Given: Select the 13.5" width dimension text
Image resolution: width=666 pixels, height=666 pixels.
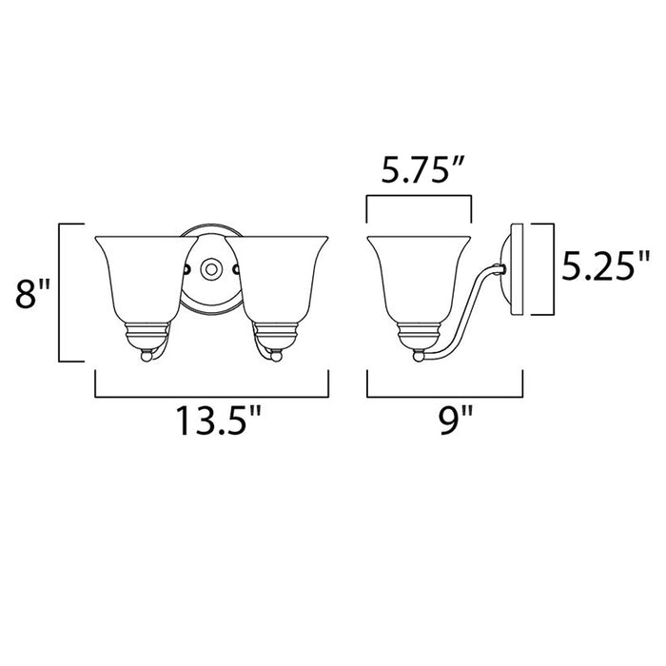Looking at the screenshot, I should pyautogui.click(x=213, y=421).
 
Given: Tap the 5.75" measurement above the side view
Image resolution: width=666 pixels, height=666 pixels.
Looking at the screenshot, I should pyautogui.click(x=419, y=172).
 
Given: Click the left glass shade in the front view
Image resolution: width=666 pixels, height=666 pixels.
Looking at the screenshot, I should pyautogui.click(x=139, y=276).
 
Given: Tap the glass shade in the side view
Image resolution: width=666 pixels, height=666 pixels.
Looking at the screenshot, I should pyautogui.click(x=419, y=276).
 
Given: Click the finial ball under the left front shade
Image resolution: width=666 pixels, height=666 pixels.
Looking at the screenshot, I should pyautogui.click(x=145, y=356).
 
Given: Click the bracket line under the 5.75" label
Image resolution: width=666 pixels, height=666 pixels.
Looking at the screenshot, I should pyautogui.click(x=419, y=197).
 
